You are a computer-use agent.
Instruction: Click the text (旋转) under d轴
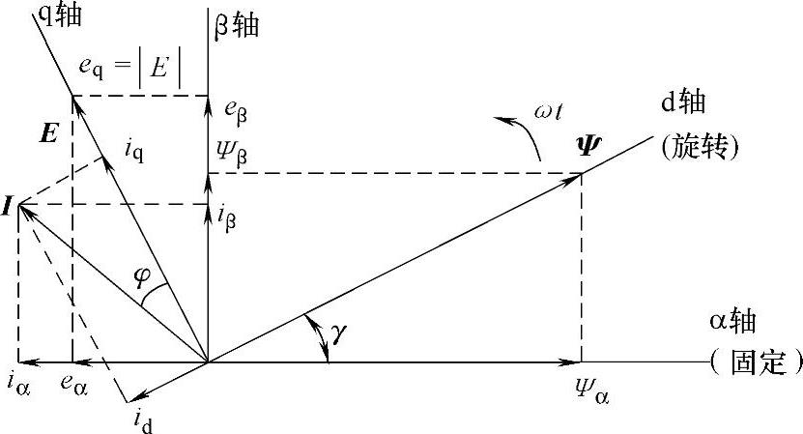pos(700,147)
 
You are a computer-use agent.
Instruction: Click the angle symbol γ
pos(338,333)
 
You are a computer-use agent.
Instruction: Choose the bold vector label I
pos(8,207)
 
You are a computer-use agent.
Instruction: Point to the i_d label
pos(144,417)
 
